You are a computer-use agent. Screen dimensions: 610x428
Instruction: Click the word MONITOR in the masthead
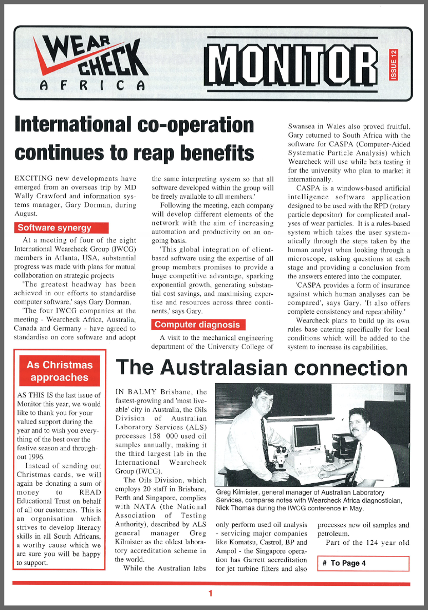pos(292,64)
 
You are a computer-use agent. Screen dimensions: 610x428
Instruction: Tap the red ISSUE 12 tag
pos(393,65)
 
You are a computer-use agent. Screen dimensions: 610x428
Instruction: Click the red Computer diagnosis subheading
pos(197,325)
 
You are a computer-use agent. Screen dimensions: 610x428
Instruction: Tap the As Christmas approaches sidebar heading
pos(60,371)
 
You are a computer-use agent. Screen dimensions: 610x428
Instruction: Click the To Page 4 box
pos(363,563)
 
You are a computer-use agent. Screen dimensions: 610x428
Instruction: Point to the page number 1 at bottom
pos(210,594)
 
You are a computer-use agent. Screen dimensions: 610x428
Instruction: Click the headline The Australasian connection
pos(262,368)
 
